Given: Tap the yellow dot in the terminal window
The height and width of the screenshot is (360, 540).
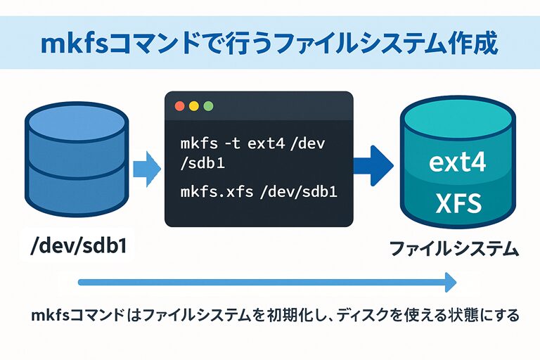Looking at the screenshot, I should (x=193, y=106).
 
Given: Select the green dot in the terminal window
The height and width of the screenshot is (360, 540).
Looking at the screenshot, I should (x=207, y=106).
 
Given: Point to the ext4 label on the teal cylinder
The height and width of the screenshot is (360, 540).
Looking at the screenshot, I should (x=457, y=165).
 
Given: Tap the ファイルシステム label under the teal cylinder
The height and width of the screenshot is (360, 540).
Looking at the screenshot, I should (x=454, y=248).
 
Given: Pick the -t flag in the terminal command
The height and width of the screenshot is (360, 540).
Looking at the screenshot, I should (x=233, y=144).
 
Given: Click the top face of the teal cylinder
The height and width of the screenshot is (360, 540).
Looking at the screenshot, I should (x=457, y=122).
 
